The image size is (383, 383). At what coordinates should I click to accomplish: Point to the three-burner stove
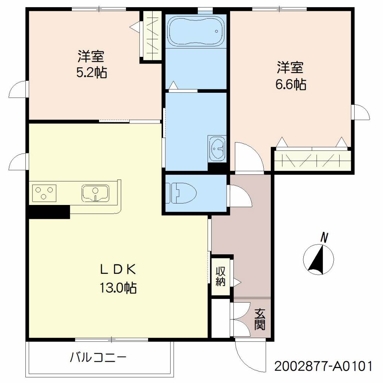[x=44, y=193]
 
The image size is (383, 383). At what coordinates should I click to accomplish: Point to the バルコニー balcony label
[x=98, y=358]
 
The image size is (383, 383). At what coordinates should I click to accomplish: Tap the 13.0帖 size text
[x=117, y=288]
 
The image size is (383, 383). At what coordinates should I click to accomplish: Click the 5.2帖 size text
[x=92, y=72]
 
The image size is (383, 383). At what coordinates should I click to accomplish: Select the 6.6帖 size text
[x=291, y=85]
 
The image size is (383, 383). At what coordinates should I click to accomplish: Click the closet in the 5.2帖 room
[x=152, y=36]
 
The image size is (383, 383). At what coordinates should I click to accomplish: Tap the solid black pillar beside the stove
[x=49, y=212]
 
